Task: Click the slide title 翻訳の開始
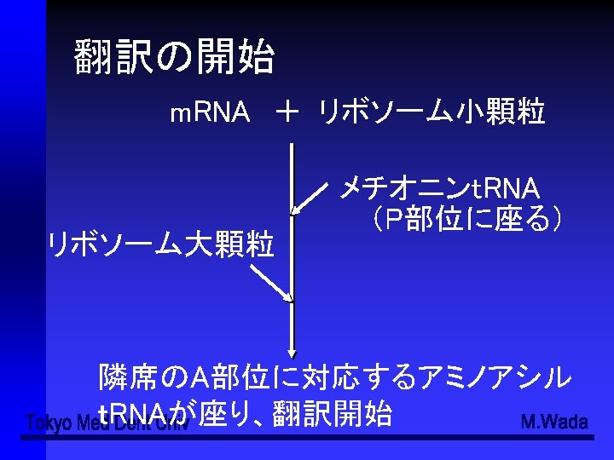pos(174,58)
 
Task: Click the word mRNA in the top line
pos(210,112)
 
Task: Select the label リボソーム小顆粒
pos(431,112)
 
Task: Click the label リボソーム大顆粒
pos(161,245)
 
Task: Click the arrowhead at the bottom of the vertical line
pos(293,349)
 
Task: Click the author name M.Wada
pos(553,422)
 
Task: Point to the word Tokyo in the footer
pos(48,423)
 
